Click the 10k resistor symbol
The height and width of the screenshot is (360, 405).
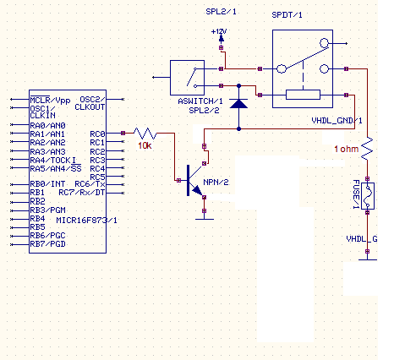[x=145, y=134]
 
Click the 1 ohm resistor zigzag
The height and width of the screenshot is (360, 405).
[x=367, y=149]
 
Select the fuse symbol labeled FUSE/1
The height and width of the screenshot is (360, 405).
[x=368, y=196]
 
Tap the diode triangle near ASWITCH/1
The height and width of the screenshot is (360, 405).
[x=238, y=103]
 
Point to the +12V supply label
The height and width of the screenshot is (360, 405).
[x=219, y=31]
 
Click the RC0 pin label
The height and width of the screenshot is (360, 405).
[x=97, y=134]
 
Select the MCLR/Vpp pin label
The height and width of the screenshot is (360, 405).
[x=50, y=100]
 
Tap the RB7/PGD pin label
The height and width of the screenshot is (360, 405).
[x=47, y=244]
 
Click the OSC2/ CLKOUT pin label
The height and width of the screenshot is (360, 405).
[x=90, y=103]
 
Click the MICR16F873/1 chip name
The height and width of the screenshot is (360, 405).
[x=86, y=221]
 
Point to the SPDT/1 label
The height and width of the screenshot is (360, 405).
[x=287, y=15]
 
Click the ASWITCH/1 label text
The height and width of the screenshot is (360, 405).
[x=200, y=101]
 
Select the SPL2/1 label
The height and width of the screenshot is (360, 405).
[x=221, y=12]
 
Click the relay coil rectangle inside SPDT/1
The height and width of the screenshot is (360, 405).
[x=303, y=95]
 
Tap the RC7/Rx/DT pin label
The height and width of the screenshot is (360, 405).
[x=82, y=193]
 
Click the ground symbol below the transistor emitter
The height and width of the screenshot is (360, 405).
[x=205, y=219]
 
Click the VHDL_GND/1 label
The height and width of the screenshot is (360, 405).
[x=337, y=121]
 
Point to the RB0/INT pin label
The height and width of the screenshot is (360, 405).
[x=47, y=184]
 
